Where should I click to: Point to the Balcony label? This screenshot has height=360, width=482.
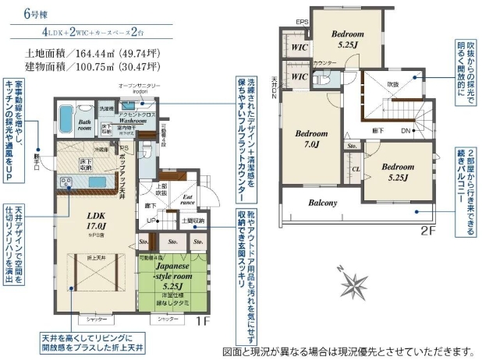322,203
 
